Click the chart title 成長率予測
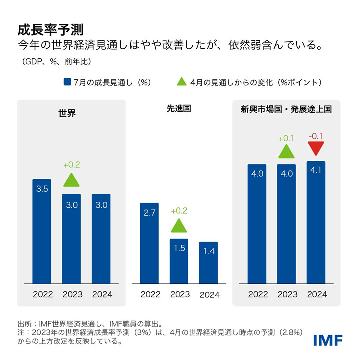tap(47, 29)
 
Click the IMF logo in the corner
tap(328, 340)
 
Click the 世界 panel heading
tap(67, 113)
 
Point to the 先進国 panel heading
tap(179, 108)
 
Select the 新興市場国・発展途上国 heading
tap(286, 108)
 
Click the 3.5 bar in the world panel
tap(42, 230)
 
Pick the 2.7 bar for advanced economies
tap(149, 242)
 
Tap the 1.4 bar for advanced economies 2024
tap(208, 262)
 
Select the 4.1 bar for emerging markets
tap(316, 222)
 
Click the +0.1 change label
tap(286, 137)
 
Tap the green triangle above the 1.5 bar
tap(179, 226)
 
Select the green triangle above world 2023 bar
tap(72, 180)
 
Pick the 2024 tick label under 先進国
tap(209, 294)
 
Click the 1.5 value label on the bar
tap(179, 249)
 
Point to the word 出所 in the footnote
tap(24, 323)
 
